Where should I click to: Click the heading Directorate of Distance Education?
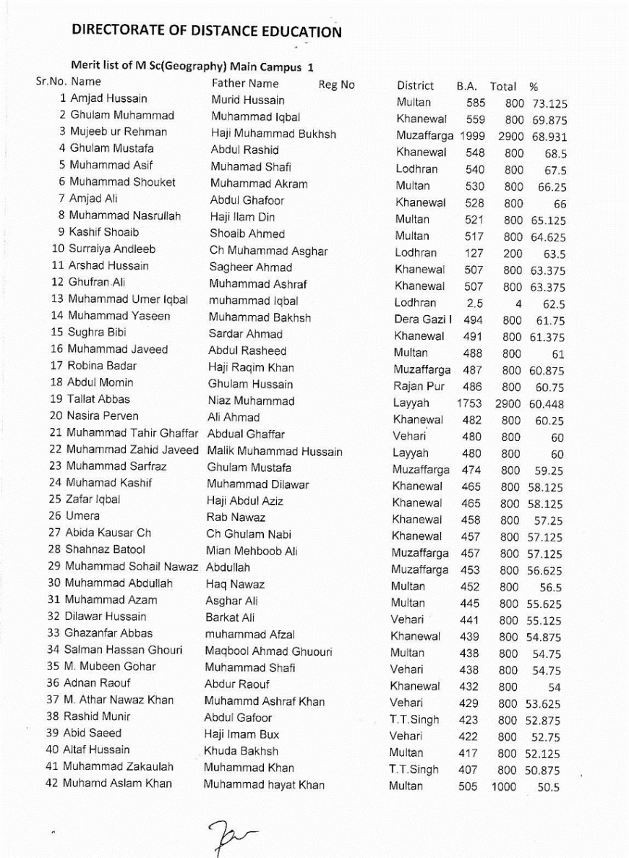pos(207,31)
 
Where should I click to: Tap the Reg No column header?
pos(336,85)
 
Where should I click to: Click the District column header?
pos(415,86)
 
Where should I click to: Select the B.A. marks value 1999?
pos(471,136)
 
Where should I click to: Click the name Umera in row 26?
pos(84,516)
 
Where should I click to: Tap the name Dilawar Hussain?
pos(106,617)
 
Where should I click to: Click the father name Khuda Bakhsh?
pos(241,751)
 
